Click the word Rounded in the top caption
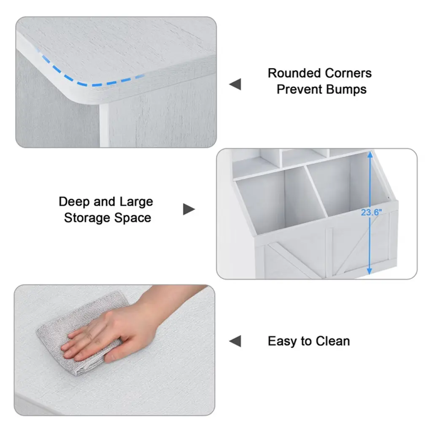294,73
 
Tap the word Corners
348,73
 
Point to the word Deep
74,202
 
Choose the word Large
136,202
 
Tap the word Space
132,219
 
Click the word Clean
333,341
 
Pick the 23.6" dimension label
371,213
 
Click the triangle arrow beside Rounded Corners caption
235,84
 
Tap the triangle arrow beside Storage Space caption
189,209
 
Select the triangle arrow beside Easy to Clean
235,341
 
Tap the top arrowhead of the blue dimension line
370,155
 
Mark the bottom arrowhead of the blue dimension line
370,271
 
